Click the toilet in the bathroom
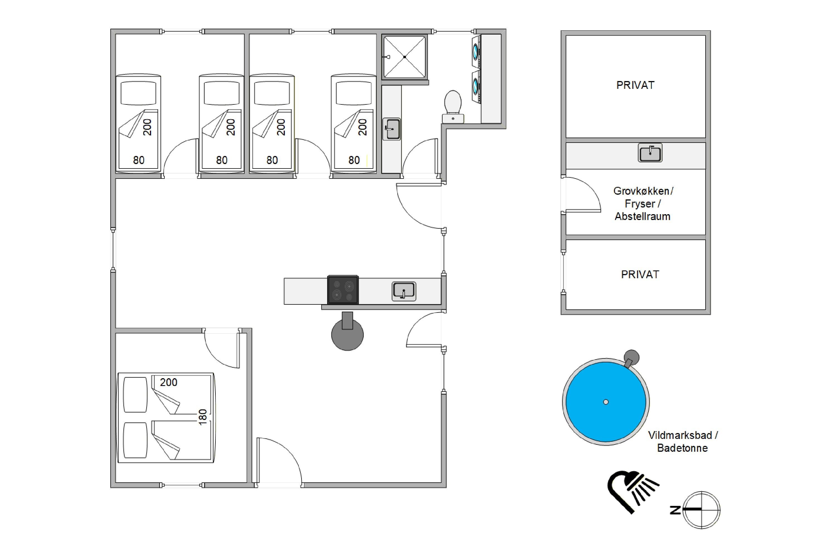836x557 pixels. (453, 107)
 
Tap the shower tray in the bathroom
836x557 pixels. (405, 57)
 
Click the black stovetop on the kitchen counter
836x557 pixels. (343, 290)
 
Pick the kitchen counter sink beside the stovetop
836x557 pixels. (404, 291)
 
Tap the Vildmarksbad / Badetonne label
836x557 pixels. (682, 441)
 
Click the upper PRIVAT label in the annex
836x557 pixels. (635, 85)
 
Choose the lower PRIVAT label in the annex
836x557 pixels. (640, 275)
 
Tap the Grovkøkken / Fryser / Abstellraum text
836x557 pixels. (643, 204)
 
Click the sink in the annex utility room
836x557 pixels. (650, 153)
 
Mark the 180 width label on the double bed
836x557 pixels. (203, 417)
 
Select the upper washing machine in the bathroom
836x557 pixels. (476, 52)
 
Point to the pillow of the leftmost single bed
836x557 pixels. (138, 93)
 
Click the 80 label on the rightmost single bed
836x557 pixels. (354, 160)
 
